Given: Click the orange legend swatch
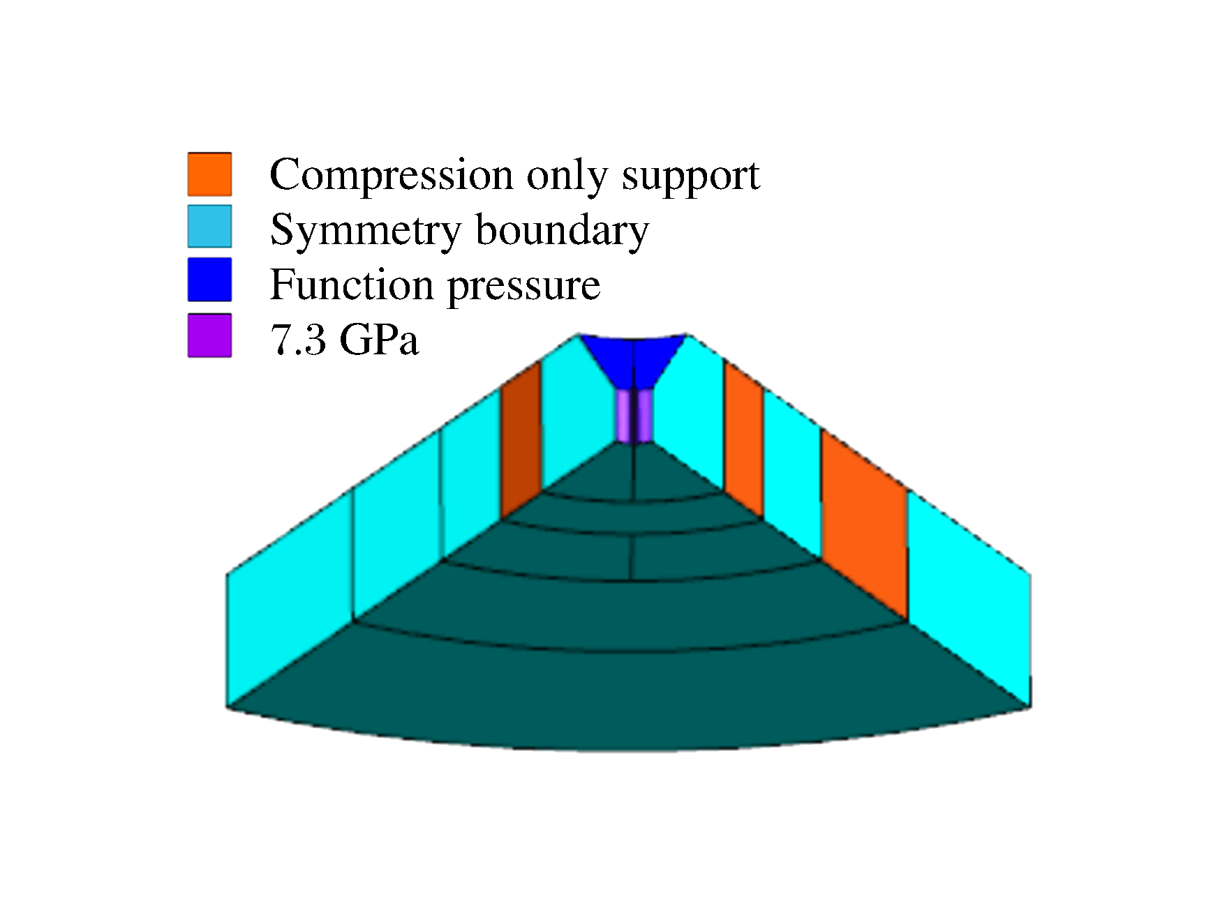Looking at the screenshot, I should coord(209,174).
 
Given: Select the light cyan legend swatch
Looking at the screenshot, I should coord(209,226).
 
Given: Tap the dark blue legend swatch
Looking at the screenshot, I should coord(209,280).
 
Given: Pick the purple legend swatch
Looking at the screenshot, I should coord(209,335).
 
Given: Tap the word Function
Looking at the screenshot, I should coord(352,285).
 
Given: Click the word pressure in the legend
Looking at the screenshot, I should coord(523,286).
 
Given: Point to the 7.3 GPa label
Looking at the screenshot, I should coord(344,340).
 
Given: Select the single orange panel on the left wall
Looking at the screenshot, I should coord(521,439).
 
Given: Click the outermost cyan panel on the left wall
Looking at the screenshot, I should coord(290,600).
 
